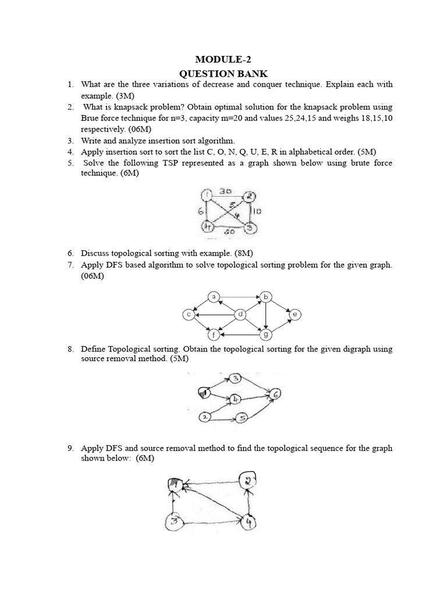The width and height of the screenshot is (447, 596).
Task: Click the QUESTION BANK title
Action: [x=223, y=73]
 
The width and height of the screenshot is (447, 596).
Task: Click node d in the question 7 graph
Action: [x=239, y=315]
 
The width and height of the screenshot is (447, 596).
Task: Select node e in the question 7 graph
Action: [x=295, y=314]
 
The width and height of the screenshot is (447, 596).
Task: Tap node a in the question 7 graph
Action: [x=214, y=297]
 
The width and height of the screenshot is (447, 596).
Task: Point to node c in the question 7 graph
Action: [x=188, y=315]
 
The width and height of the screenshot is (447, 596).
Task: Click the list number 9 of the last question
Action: [x=70, y=448]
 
